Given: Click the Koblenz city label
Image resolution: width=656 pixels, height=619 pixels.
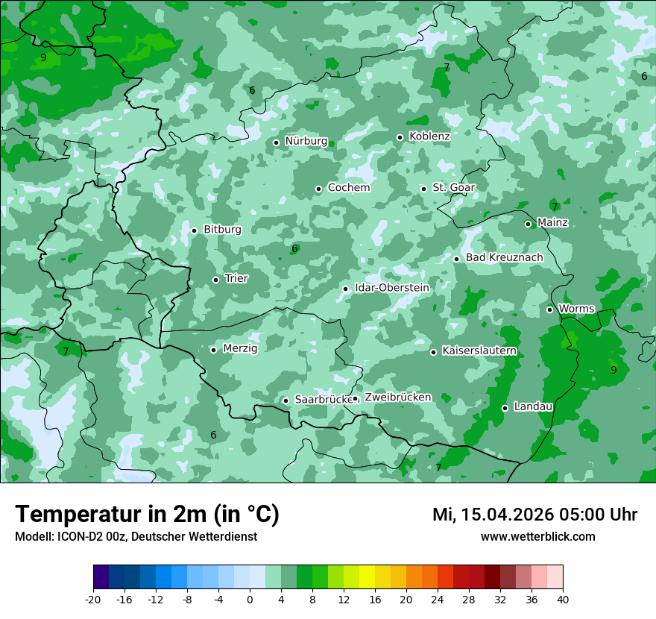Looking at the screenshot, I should pos(429,136).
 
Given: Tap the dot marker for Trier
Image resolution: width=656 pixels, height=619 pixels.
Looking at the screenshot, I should pos(216,280).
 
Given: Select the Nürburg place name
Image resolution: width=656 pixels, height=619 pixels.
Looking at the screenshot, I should pos(306,141).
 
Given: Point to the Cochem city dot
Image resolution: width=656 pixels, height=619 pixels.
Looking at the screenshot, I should pos(318,189).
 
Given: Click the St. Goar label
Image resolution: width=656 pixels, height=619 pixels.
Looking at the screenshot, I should pos(453,187).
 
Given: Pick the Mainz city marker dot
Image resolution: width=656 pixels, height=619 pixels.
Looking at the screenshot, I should pos(528,224).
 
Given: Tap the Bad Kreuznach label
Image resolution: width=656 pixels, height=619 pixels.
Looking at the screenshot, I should pos(504,257).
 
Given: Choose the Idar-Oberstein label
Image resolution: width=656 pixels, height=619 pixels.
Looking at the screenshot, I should pos(392,287).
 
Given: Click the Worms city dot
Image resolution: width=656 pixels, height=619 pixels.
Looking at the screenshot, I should pos(550,309).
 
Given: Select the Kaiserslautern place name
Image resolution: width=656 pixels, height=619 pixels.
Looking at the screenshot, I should pos(479,351).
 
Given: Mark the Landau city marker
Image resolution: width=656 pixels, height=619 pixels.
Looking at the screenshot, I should pos(505,408).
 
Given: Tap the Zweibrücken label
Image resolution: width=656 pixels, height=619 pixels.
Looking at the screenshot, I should pos(397,398).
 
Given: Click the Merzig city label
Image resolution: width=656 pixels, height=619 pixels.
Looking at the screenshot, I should pos(240,348).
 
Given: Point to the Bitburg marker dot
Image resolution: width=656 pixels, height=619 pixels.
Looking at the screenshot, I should pos(194,230).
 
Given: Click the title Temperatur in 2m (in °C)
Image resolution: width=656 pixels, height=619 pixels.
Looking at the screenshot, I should pos(147,515).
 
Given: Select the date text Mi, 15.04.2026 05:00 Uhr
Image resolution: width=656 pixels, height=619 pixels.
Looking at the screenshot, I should pos(534,515).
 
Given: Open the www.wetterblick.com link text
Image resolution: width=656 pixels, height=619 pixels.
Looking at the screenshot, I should pos(537,536).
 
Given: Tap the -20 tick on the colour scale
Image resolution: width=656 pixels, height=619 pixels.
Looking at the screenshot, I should pos(93,599).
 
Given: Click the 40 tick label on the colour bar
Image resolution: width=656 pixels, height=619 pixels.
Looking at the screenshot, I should pos(563,599).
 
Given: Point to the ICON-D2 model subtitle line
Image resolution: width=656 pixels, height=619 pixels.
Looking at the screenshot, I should pos(136,536).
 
